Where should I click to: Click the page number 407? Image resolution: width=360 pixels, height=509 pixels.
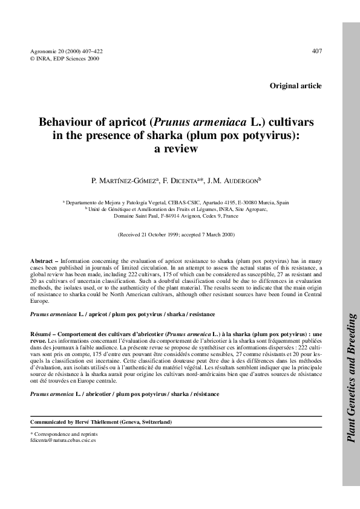tap(316, 51)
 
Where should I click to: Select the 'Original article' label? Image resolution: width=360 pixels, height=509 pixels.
tap(295, 86)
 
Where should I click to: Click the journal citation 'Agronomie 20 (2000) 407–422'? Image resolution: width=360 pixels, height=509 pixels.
tap(66, 51)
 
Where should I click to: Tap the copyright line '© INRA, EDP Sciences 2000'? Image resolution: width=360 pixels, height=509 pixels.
tap(65, 59)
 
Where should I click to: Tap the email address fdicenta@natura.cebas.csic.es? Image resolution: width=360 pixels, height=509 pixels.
tap(63, 441)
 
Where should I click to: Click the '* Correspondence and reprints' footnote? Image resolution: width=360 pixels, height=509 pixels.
tap(64, 434)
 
